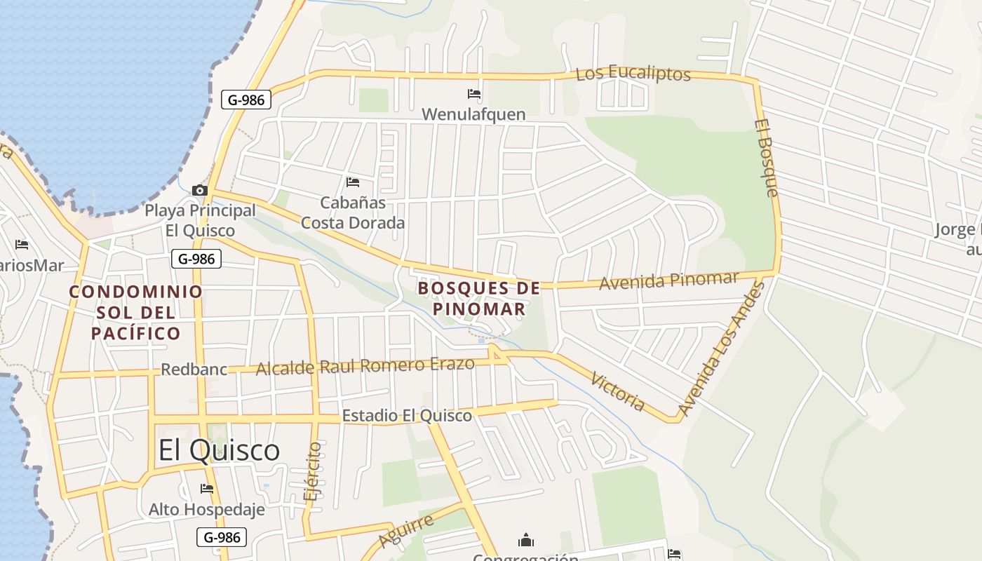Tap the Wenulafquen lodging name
(473, 114)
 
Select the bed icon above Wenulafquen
(474, 93)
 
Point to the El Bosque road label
(767, 158)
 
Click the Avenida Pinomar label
(668, 280)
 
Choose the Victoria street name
(617, 391)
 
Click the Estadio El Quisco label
(407, 416)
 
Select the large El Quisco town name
(219, 450)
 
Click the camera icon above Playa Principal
(200, 190)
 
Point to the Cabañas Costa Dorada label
(353, 212)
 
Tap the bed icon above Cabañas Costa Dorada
(353, 182)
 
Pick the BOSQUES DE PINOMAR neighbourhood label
(480, 298)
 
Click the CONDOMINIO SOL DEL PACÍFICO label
(136, 312)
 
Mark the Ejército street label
(314, 471)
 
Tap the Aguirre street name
(405, 531)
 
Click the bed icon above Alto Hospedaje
(207, 488)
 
